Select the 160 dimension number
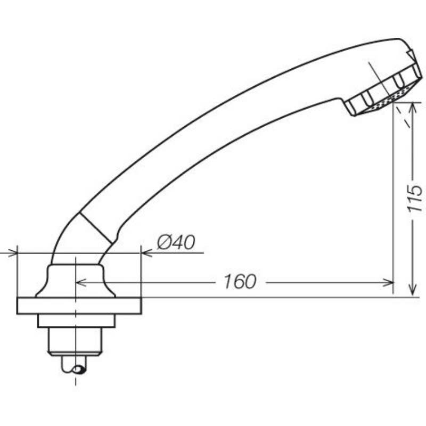tap(240, 282)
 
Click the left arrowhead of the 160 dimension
tap(81, 283)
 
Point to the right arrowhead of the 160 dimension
tap(388, 283)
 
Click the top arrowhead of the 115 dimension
tap(413, 108)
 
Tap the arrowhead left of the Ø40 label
tap(147, 253)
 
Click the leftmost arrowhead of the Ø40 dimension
tap(12, 253)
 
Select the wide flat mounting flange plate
tap(79, 306)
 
